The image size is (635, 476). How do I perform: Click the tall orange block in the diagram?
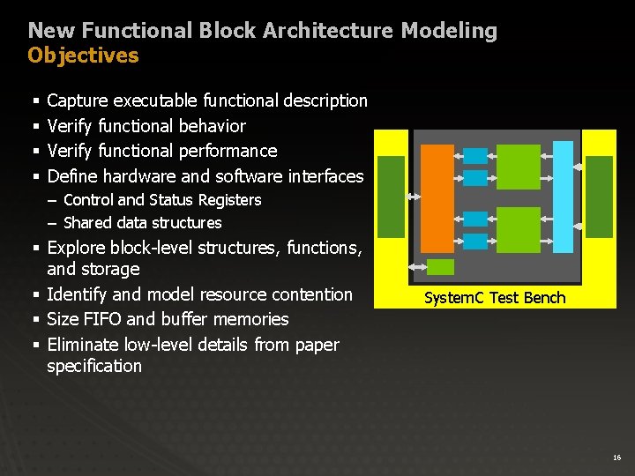point(437,197)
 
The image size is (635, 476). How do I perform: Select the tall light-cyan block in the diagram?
point(563,197)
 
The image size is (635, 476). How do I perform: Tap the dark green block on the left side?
point(391,197)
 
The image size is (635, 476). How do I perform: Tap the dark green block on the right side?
point(600,197)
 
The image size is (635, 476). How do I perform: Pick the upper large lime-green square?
point(518,167)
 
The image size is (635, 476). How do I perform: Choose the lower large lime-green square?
point(518,228)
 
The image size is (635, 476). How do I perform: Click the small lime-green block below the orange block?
point(440,267)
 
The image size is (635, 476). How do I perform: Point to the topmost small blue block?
point(475,156)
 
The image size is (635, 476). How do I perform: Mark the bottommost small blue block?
point(475,241)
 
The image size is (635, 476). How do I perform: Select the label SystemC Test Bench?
point(495,298)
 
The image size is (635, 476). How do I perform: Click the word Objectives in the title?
point(83,56)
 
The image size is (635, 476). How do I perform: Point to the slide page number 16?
point(616,457)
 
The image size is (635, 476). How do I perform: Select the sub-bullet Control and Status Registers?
point(162,200)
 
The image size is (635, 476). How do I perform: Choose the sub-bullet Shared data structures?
point(143,223)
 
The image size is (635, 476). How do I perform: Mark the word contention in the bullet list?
point(310,294)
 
